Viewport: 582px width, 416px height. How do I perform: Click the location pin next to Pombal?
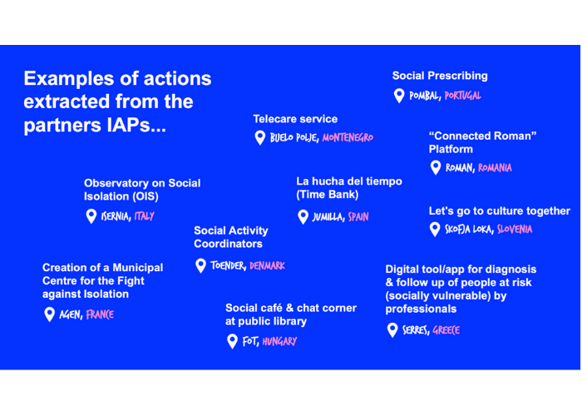pyautogui.click(x=399, y=96)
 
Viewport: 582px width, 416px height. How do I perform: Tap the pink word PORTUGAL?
pyautogui.click(x=462, y=96)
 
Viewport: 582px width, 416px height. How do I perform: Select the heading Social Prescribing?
pyautogui.click(x=440, y=76)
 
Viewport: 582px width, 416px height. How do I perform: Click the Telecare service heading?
pyautogui.click(x=295, y=119)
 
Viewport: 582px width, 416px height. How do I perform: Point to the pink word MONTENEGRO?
pyautogui.click(x=348, y=137)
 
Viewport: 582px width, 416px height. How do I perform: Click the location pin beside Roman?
pyautogui.click(x=435, y=167)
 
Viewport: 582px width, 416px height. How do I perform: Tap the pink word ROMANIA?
pyautogui.click(x=496, y=168)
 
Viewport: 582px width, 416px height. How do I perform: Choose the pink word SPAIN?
pyautogui.click(x=358, y=217)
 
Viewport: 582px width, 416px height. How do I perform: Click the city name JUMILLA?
pyautogui.click(x=328, y=217)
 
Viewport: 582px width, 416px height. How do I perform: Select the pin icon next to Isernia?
pyautogui.click(x=91, y=216)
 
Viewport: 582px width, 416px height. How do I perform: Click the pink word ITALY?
pyautogui.click(x=144, y=216)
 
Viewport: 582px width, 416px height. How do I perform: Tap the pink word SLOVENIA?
pyautogui.click(x=515, y=230)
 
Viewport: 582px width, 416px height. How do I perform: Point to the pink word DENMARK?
pyautogui.click(x=267, y=266)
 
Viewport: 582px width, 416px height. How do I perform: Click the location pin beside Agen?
pyautogui.click(x=50, y=314)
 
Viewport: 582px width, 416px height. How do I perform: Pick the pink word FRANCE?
pyautogui.click(x=100, y=315)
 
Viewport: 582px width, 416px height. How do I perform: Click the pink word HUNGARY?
pyautogui.click(x=279, y=341)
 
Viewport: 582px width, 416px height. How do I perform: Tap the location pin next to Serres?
pyautogui.click(x=392, y=330)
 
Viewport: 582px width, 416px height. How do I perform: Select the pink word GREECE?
pyautogui.click(x=446, y=331)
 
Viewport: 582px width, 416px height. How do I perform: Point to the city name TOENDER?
pyautogui.click(x=228, y=266)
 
